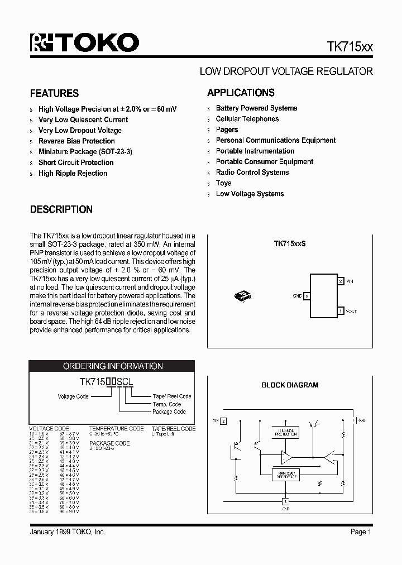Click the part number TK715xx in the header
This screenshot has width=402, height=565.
point(350,47)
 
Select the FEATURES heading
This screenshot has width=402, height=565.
point(54,94)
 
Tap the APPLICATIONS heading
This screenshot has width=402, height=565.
point(241,93)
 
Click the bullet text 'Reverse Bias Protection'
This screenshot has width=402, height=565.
point(76,141)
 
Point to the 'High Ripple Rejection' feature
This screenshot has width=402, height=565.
point(73,174)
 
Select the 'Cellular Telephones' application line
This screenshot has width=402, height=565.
point(247,119)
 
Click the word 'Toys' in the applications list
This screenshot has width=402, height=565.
point(223,183)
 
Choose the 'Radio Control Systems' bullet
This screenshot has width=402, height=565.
point(252,173)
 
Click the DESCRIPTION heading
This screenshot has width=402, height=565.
point(61,210)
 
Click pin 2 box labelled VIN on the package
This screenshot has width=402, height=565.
point(341,281)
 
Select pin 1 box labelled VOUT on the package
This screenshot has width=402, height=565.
point(341,311)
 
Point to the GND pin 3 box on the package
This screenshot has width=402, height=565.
point(307,296)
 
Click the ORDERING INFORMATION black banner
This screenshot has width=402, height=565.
point(112,366)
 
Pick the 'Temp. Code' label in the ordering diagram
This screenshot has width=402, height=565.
point(166,404)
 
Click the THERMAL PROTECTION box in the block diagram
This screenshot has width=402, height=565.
point(285,432)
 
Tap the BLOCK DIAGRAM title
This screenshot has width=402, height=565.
point(290,385)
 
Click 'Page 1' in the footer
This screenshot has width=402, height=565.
point(361,532)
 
